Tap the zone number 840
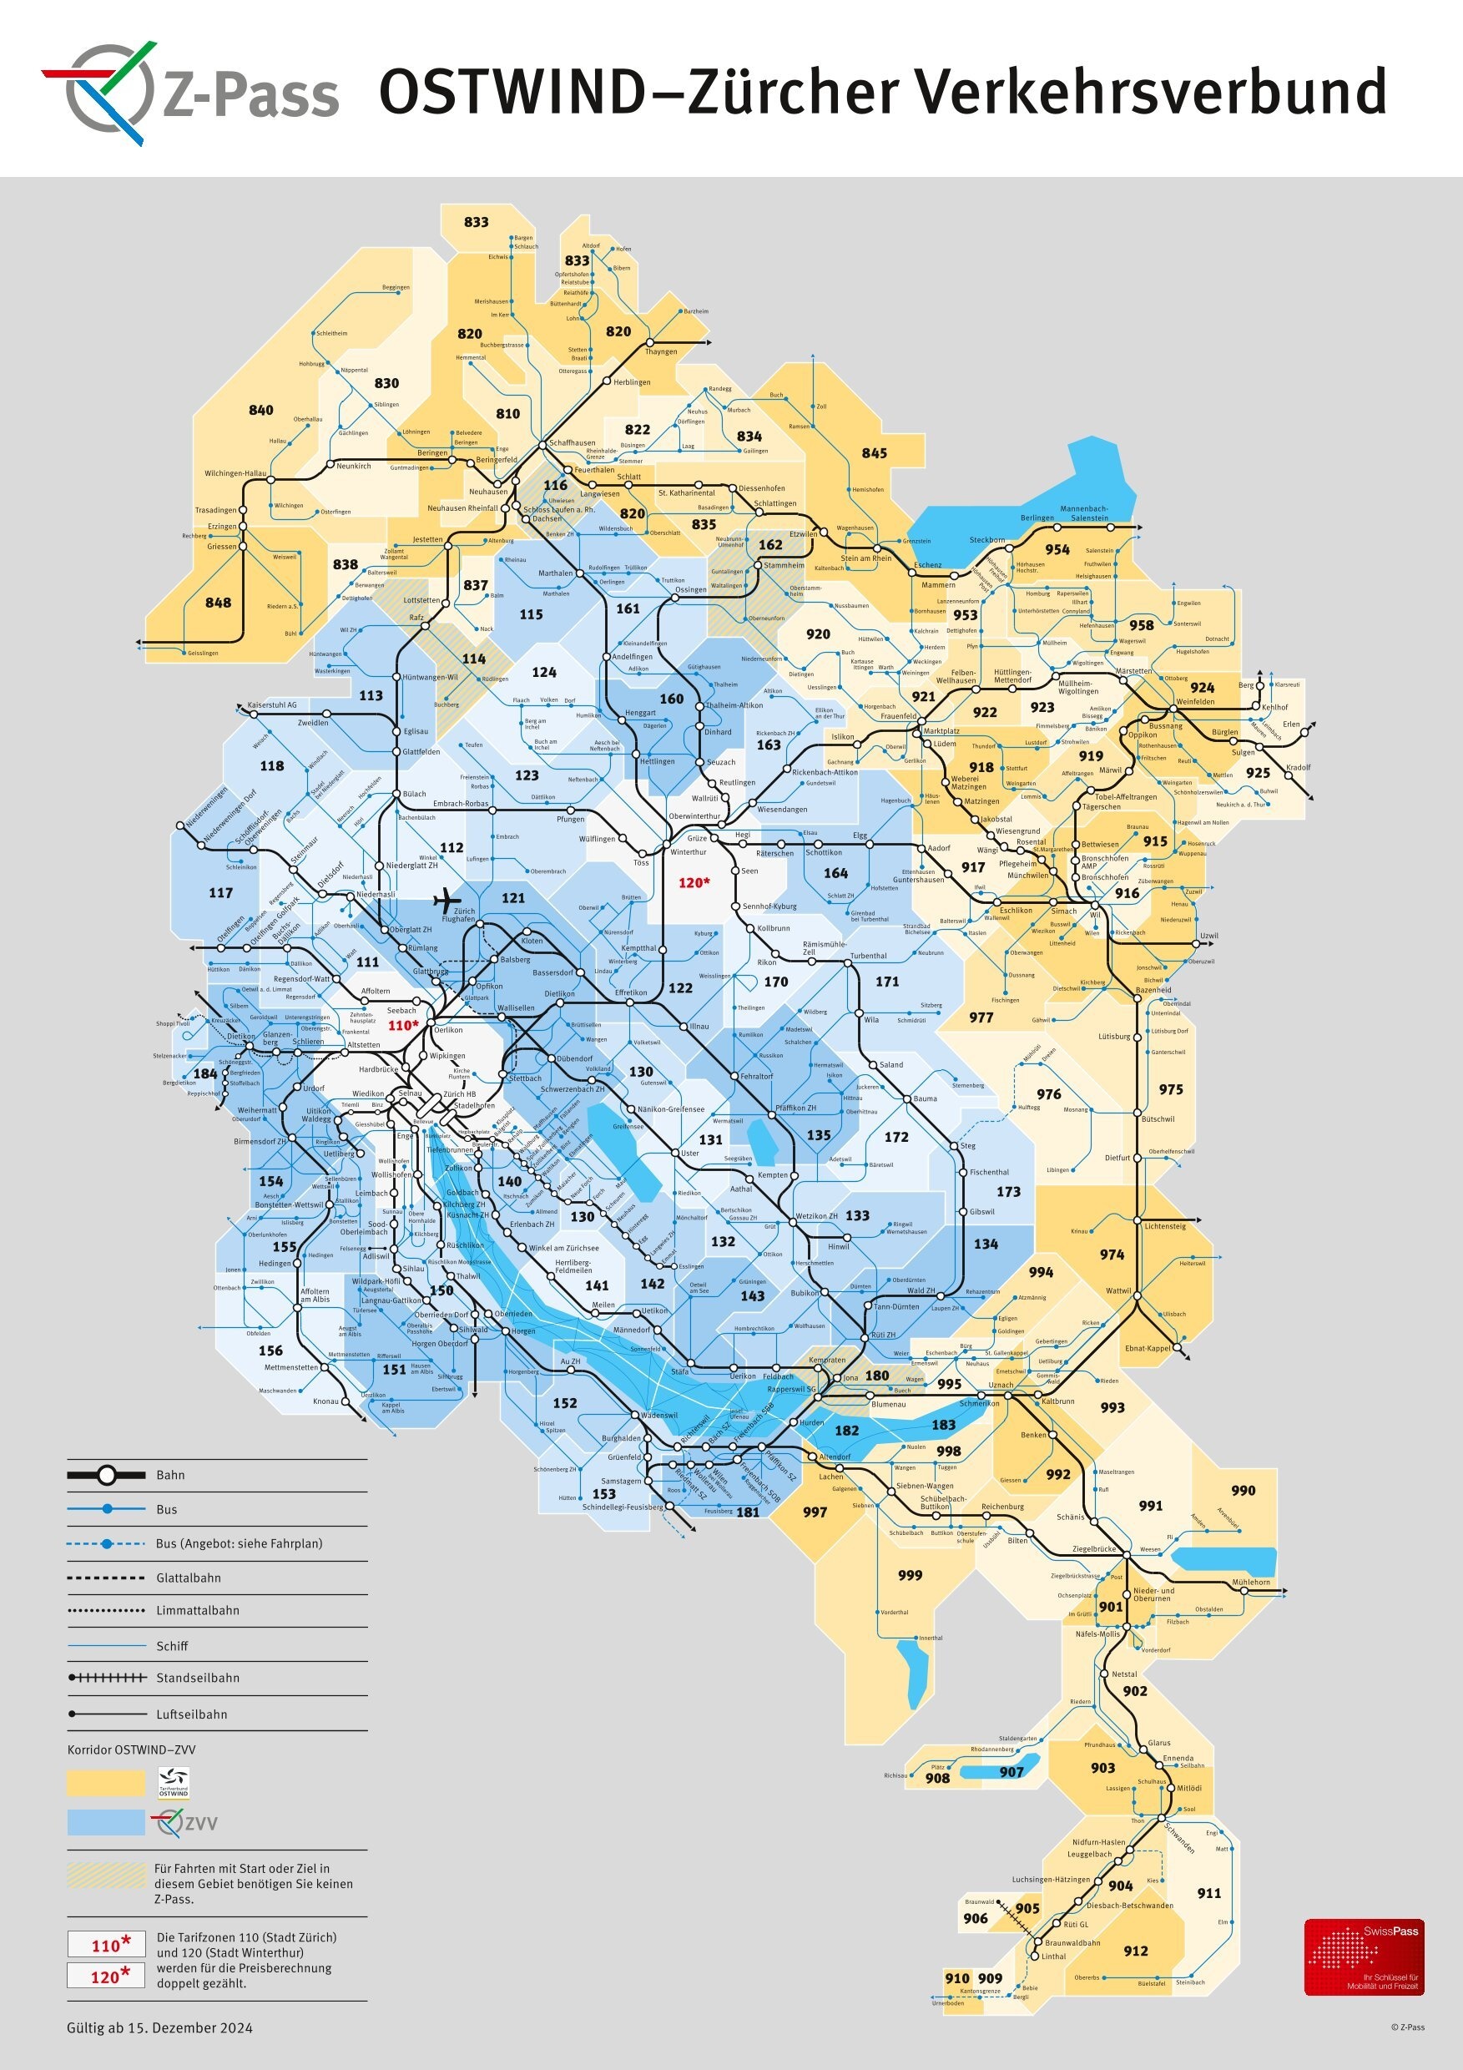pyautogui.click(x=260, y=410)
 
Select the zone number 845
pyautogui.click(x=874, y=453)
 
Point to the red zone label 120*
pyautogui.click(x=694, y=882)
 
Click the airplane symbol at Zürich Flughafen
pyautogui.click(x=447, y=900)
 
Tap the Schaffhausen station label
pyautogui.click(x=573, y=442)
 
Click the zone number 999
pyautogui.click(x=910, y=1575)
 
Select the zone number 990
pyautogui.click(x=1243, y=1490)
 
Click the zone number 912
pyautogui.click(x=1136, y=1951)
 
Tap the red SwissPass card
pyautogui.click(x=1364, y=1956)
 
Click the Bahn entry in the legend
pyautogui.click(x=170, y=1475)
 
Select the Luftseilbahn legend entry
pyautogui.click(x=191, y=1714)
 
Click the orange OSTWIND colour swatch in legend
pyautogui.click(x=105, y=1782)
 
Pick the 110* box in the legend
pyautogui.click(x=105, y=1945)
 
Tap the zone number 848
pyautogui.click(x=218, y=603)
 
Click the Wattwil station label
pyautogui.click(x=1117, y=1291)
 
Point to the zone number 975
pyautogui.click(x=1170, y=1089)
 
